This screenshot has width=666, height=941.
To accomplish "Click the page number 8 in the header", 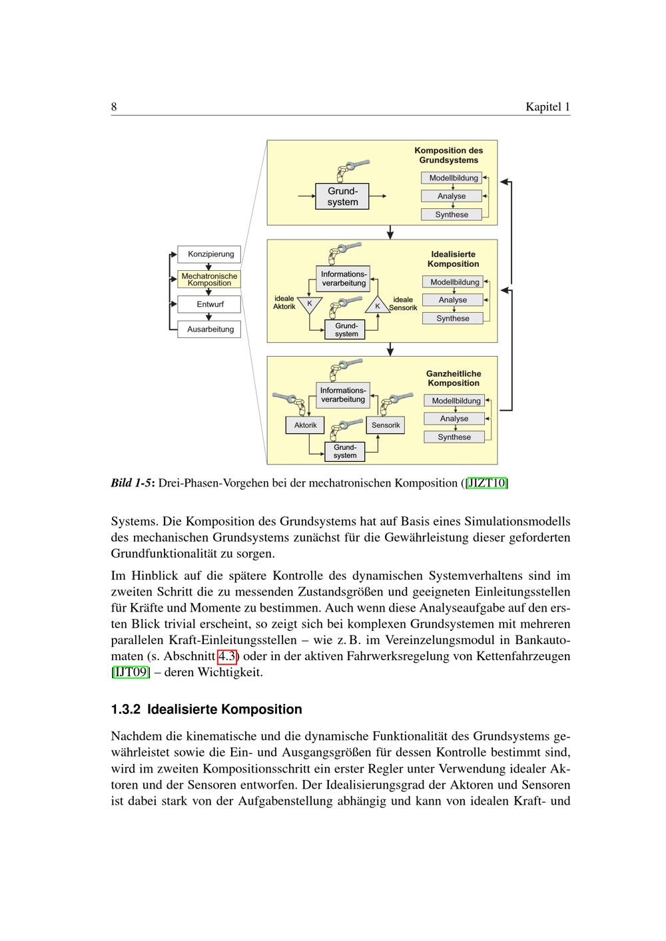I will pyautogui.click(x=114, y=106).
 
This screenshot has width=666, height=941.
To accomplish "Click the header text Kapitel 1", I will pyautogui.click(x=547, y=106).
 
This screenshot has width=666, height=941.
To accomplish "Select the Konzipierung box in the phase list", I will pyautogui.click(x=210, y=254).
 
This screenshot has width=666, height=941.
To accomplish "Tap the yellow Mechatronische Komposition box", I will pyautogui.click(x=209, y=279).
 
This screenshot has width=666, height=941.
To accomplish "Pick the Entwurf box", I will pyautogui.click(x=210, y=304).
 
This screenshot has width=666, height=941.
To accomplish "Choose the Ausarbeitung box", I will pyautogui.click(x=210, y=329).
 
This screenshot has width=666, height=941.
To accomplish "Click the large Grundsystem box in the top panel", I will pyautogui.click(x=342, y=196).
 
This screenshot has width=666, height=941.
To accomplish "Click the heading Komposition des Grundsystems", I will pyautogui.click(x=448, y=155).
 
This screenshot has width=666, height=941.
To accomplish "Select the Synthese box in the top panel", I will pyautogui.click(x=452, y=214).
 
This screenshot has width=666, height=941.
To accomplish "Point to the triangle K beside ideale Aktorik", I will pyautogui.click(x=310, y=303).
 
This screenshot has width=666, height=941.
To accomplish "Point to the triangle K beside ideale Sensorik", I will pyautogui.click(x=378, y=305).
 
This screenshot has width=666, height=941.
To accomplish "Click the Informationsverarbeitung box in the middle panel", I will pyautogui.click(x=343, y=278).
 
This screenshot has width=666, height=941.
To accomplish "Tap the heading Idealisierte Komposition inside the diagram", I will pyautogui.click(x=453, y=259).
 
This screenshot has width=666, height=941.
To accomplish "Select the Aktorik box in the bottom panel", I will pyautogui.click(x=304, y=425).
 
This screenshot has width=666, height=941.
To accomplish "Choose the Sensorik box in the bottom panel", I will pyautogui.click(x=386, y=425).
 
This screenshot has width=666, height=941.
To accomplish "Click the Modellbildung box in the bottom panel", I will pyautogui.click(x=456, y=401).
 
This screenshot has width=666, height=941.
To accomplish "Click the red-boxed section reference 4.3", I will pyautogui.click(x=227, y=656).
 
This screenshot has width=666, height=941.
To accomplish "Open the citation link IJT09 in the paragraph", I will pyautogui.click(x=131, y=672).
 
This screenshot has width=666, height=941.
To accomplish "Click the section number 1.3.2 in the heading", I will pyautogui.click(x=126, y=709).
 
